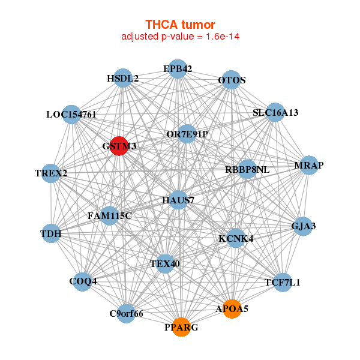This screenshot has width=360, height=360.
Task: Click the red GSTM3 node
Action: pos(119,146)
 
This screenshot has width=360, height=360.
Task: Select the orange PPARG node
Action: pos(181,327)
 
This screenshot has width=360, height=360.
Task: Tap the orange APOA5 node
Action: pos(232,309)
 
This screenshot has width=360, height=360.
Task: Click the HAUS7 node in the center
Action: pos(178,200)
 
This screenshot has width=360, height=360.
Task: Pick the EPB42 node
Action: pos(177,69)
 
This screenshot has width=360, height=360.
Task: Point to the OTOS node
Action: pos(231,80)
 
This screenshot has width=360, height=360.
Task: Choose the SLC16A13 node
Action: pos(275,112)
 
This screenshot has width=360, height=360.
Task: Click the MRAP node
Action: pos(308,165)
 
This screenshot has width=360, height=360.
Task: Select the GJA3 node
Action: pos(303,226)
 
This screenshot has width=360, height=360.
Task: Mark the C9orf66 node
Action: pos(126,313)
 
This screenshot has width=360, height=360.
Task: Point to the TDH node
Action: pos(51,233)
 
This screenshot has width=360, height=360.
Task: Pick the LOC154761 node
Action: pos(71,114)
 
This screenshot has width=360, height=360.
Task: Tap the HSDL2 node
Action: pos(123,78)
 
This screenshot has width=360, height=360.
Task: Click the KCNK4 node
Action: pos(236,238)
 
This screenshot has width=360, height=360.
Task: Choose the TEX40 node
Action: pos(164,263)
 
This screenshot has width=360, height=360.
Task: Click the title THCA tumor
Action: pos(180,25)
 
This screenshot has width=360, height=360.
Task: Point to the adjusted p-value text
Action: pos(180,37)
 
